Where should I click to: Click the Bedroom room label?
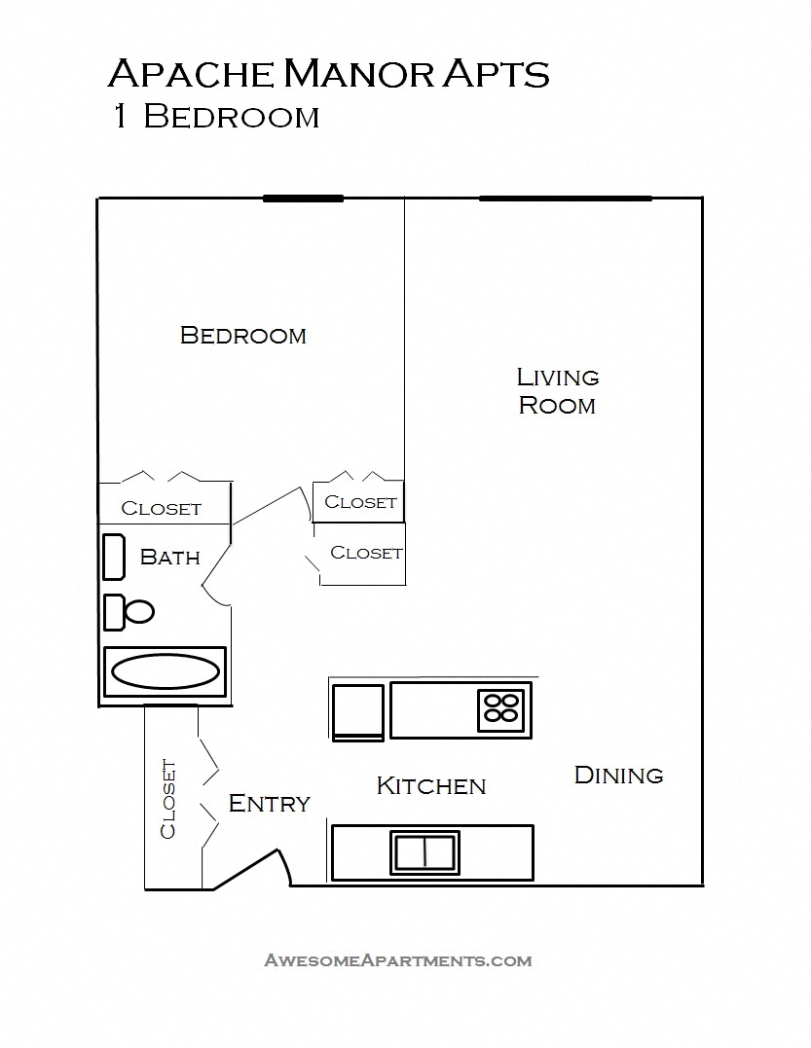coord(243,336)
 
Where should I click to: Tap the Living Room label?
coord(557,391)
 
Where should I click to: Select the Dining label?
coord(618,776)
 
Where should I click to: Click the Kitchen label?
coord(430,786)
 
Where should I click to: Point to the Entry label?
coord(269,804)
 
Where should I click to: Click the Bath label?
coord(169,558)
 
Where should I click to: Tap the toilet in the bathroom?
coord(129,612)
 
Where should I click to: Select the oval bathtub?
coord(165,671)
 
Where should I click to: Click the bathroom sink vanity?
coord(114,557)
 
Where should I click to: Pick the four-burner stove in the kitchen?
coord(502,707)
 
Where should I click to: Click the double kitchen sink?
coord(425,851)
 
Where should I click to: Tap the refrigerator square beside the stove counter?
coord(357,711)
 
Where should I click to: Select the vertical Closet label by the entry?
coord(168,798)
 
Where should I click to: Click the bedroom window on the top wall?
coord(303,199)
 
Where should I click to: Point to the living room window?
coord(565,199)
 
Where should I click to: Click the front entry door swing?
coord(255,866)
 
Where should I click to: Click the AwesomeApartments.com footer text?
coord(398,960)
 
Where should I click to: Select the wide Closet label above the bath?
coord(161,509)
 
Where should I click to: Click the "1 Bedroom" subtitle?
coord(216,117)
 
